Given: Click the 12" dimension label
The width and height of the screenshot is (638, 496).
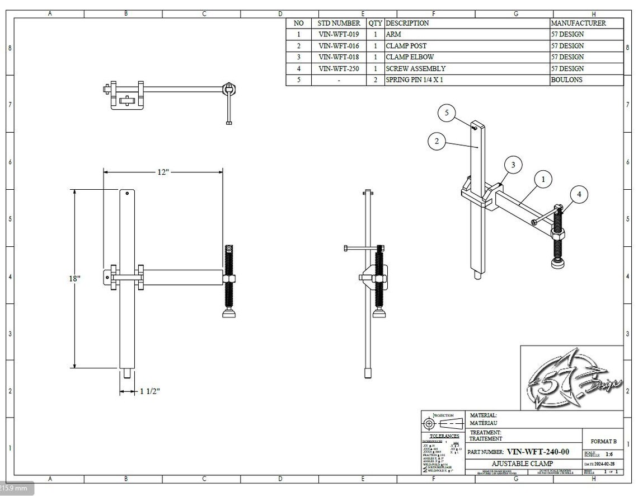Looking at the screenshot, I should point(162,172).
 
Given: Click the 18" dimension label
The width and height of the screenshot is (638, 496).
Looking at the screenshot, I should point(75,278).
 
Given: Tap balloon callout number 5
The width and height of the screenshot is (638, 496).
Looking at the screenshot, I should point(447,113).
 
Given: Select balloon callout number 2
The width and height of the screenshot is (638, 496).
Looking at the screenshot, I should point(437,141).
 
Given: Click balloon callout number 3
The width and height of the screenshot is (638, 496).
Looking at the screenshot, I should point(513,165).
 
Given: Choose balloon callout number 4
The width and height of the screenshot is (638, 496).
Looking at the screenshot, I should point(579,194).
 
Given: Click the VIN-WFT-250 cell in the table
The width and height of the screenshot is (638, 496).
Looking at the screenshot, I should point(339,68).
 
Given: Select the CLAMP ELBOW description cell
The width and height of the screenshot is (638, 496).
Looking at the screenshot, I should point(410,57).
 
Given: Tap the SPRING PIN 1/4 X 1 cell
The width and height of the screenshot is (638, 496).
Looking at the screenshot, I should point(420,80).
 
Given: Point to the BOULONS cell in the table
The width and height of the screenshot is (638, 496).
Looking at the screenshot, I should point(566,80).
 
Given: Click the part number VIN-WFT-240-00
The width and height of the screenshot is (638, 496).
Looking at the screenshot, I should point(538,452).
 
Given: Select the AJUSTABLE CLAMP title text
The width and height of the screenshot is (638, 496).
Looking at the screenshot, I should point(522,464).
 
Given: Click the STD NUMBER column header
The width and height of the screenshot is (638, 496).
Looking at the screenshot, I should point(339,24).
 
